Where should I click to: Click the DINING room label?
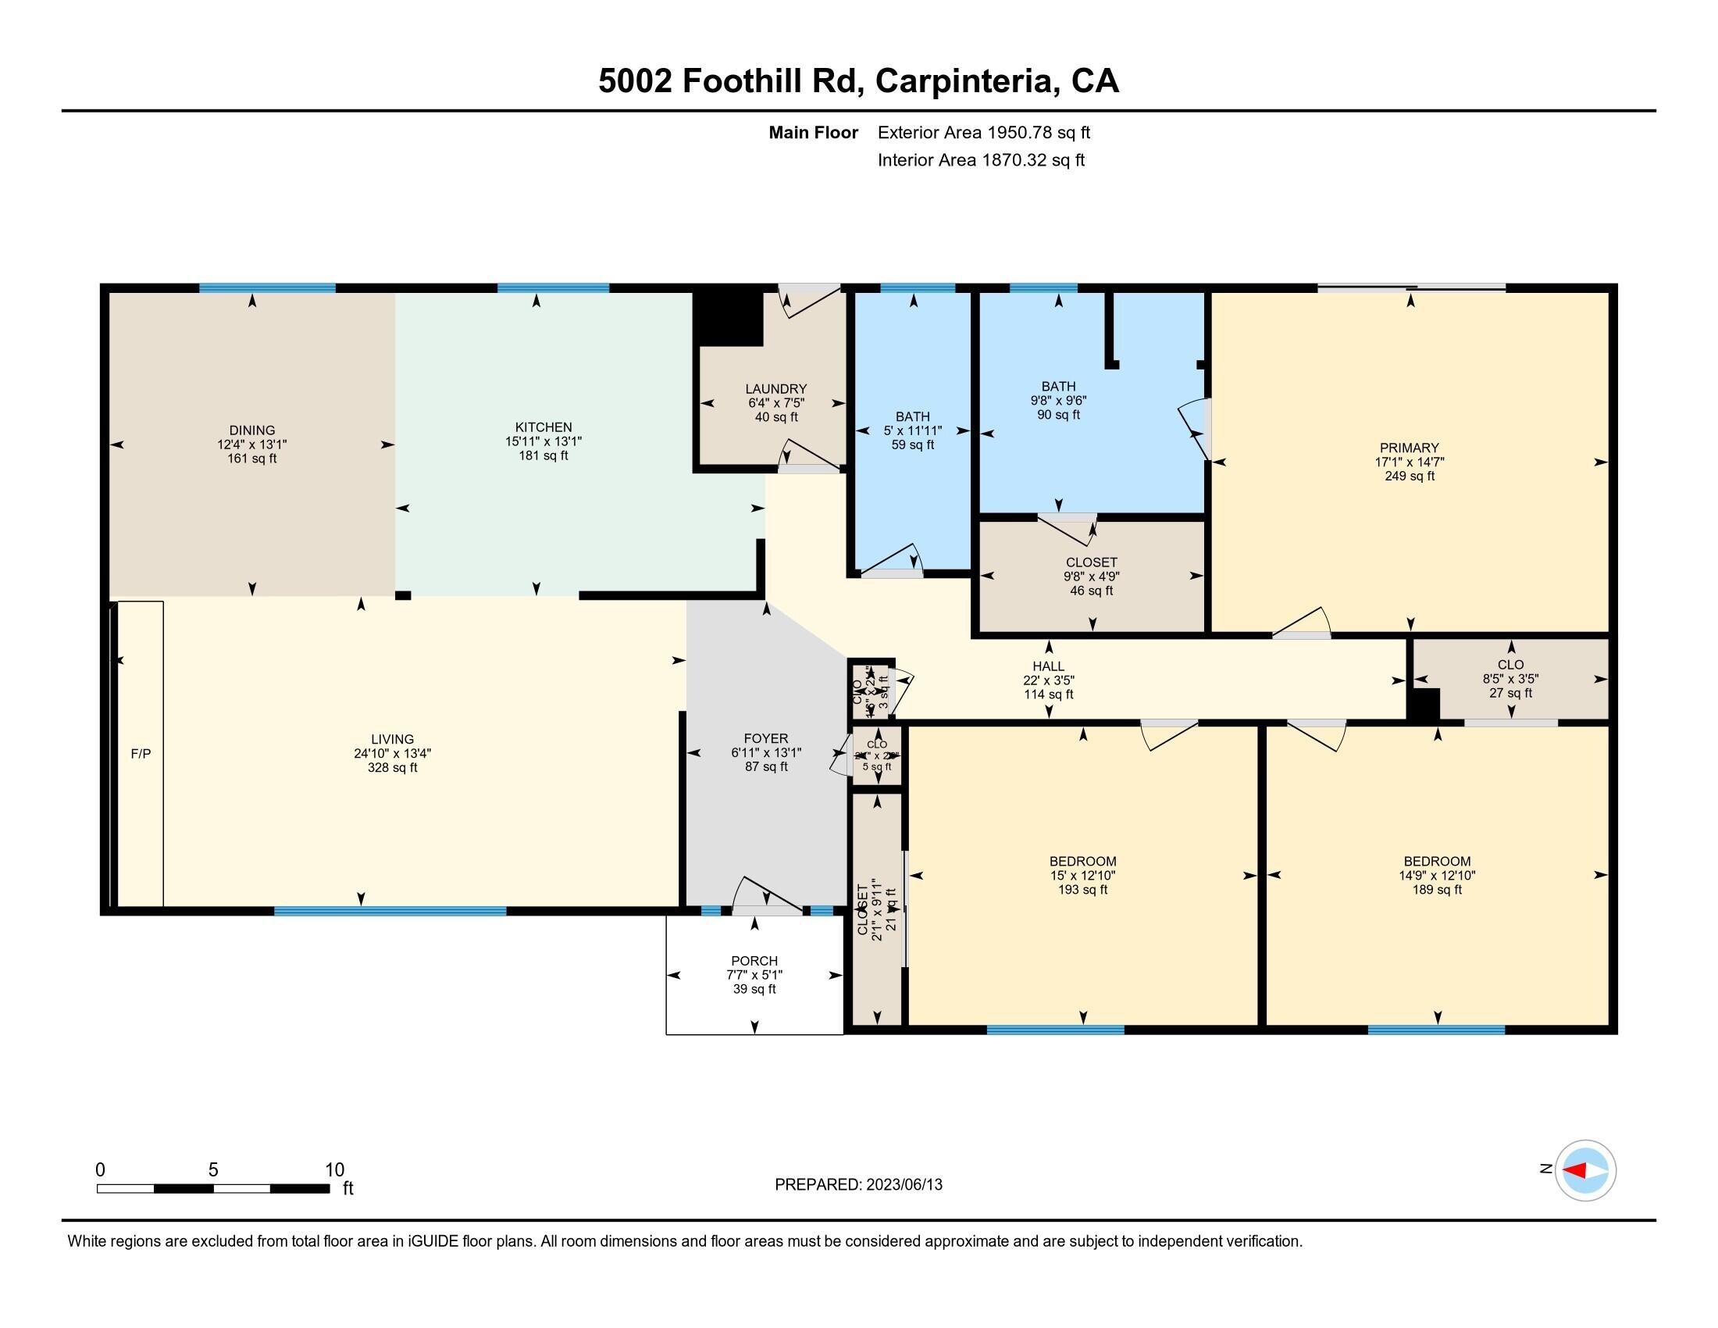[x=251, y=430]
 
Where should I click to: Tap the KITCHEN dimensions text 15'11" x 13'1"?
[x=543, y=442]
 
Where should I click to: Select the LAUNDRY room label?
[x=775, y=389]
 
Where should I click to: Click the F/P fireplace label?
[x=141, y=754]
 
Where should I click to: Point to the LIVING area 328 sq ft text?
[x=392, y=767]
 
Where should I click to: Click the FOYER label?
[x=765, y=739]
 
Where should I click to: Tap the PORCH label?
[x=754, y=961]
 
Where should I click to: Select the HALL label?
[x=1048, y=666]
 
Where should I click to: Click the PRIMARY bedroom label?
[x=1409, y=448]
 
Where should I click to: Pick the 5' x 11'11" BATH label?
[x=911, y=417]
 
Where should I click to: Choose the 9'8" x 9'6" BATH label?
[x=1058, y=386]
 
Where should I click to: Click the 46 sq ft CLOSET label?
[x=1091, y=562]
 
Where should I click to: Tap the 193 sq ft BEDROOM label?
[x=1082, y=862]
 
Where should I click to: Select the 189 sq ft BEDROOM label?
[x=1436, y=862]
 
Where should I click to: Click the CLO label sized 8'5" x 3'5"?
[x=1510, y=665]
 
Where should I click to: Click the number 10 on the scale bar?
[x=334, y=1170]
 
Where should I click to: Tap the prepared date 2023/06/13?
[x=903, y=1185]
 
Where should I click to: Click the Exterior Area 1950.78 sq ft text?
[x=983, y=133]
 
